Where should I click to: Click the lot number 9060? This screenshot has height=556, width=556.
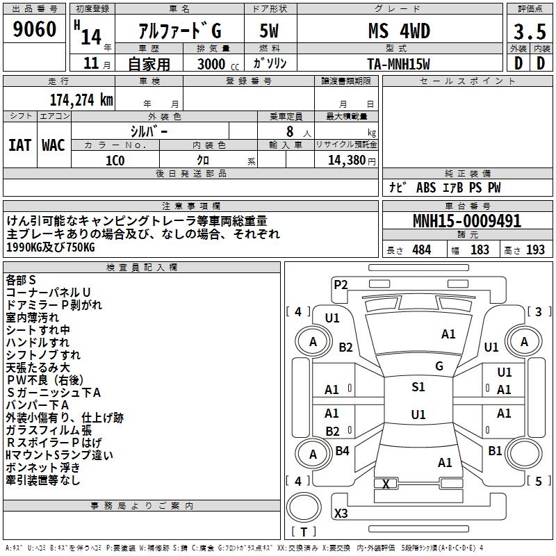[x=34, y=30]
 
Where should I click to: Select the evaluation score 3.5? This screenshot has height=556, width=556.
[x=529, y=31]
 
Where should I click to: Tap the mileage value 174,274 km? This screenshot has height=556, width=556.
[x=81, y=99]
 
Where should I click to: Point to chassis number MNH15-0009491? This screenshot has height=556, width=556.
[x=466, y=221]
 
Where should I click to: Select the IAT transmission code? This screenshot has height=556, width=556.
[x=19, y=145]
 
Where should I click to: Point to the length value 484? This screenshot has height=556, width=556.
[x=421, y=250]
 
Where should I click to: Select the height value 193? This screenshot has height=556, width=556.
[x=535, y=250]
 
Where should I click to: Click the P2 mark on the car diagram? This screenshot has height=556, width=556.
[x=341, y=284]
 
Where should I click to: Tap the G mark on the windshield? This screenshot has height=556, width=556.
[x=439, y=366]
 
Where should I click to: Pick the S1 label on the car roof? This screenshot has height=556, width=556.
[x=418, y=387]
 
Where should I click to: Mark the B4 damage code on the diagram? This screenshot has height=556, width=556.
[x=343, y=451]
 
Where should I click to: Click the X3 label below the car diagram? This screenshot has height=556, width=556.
[x=341, y=514]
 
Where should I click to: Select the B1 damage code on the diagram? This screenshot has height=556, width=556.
[x=495, y=451]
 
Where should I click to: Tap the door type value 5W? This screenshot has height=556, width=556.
[x=269, y=31]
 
